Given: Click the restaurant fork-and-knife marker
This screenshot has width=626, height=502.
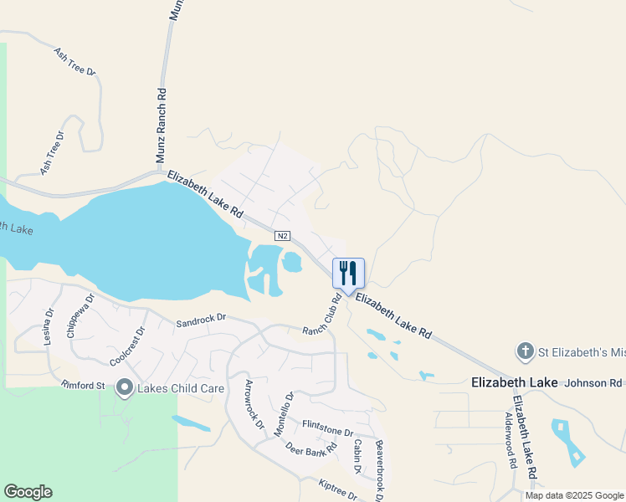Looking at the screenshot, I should [x=349, y=274].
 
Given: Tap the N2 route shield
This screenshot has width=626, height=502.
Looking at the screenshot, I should [x=285, y=236].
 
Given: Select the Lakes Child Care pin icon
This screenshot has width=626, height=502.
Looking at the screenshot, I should [x=125, y=387].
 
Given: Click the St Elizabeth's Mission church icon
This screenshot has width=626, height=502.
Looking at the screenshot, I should [x=525, y=351].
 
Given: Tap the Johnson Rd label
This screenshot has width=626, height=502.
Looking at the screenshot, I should [x=595, y=383].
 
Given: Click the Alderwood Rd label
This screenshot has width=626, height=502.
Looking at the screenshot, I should [x=510, y=440].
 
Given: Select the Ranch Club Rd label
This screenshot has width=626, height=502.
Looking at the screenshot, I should [x=322, y=315].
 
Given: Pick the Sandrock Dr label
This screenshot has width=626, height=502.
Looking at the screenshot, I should [x=201, y=320].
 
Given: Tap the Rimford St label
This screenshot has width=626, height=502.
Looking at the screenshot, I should [x=82, y=385].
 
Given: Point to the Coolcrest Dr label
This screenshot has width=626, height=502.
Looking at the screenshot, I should [x=127, y=347].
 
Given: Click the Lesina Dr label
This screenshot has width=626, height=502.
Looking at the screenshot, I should [x=49, y=325].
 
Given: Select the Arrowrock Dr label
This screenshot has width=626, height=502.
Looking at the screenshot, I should [x=254, y=404].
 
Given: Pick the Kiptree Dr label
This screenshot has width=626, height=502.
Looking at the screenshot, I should [x=339, y=489].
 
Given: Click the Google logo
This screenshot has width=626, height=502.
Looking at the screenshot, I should [x=28, y=492].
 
